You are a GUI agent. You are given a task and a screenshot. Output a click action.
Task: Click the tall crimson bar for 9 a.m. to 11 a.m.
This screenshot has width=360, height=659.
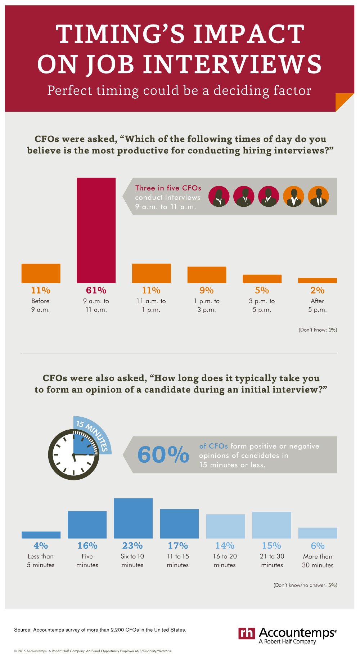pyautogui.click(x=96, y=230)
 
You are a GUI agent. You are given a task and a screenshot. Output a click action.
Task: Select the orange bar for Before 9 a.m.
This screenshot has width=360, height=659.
pyautogui.click(x=41, y=273)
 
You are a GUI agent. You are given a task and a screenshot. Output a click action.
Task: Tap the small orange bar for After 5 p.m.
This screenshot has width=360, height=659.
pyautogui.click(x=317, y=280)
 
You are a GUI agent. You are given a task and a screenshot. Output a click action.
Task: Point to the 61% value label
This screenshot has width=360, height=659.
pyautogui.click(x=96, y=290)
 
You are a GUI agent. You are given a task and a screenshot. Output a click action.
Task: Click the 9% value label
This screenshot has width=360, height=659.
pyautogui.click(x=207, y=290)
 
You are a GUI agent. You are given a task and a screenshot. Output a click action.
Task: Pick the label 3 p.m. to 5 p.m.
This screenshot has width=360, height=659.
pyautogui.click(x=262, y=305)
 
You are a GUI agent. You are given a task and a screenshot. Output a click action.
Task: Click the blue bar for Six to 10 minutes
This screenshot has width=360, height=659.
pyautogui.click(x=133, y=518)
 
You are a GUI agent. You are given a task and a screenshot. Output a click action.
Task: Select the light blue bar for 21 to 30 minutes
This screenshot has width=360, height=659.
pyautogui.click(x=271, y=525)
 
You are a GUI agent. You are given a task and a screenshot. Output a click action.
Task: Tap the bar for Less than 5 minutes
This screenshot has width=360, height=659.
pyautogui.click(x=41, y=535)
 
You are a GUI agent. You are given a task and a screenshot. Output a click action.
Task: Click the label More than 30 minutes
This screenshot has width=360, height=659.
pyautogui.click(x=318, y=561)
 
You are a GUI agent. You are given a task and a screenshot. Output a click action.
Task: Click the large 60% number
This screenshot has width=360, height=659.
pyautogui.click(x=163, y=454)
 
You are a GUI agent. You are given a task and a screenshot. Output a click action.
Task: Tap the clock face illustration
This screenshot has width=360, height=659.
pyautogui.click(x=74, y=455)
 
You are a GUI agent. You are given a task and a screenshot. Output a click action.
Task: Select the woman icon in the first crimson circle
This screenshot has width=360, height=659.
pyautogui.click(x=219, y=197)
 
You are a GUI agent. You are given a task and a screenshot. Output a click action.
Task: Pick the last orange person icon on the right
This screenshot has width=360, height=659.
pyautogui.click(x=318, y=197)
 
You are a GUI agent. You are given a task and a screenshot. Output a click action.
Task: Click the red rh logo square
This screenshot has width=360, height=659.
pyautogui.click(x=247, y=633)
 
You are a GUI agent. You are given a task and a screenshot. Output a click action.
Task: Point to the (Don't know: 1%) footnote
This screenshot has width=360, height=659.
pyautogui.click(x=318, y=330)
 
